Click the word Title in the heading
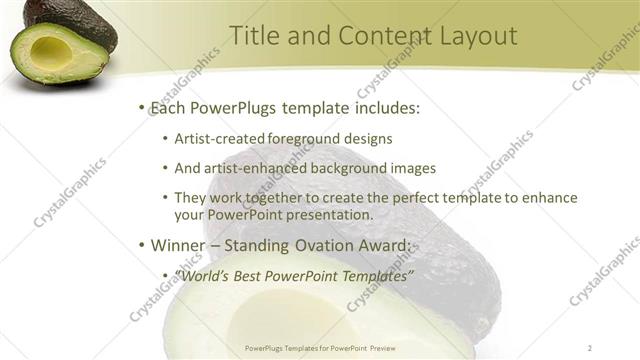253,36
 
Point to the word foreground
299,139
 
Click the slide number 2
591,347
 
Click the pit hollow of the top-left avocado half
51,51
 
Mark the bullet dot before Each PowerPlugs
142,107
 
